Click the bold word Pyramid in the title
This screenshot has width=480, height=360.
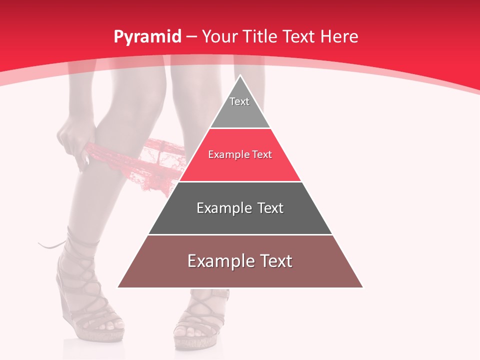147,37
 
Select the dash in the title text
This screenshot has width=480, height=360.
191,37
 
